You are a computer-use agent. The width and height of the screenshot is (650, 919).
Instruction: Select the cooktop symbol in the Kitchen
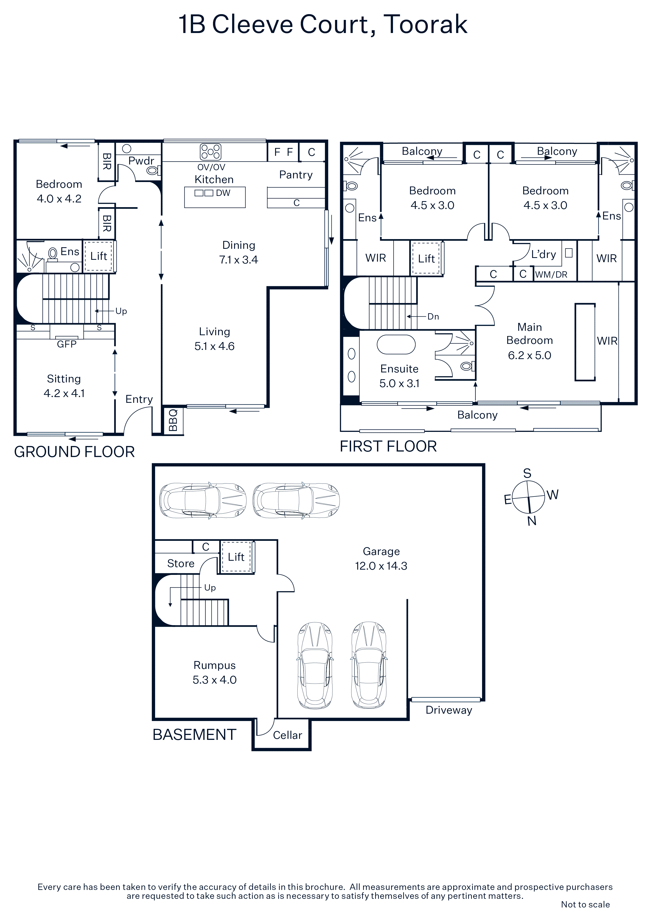coord(211,152)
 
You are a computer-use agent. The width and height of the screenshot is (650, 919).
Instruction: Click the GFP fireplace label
coord(67,344)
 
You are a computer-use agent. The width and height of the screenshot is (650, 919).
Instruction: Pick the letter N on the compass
coord(532,521)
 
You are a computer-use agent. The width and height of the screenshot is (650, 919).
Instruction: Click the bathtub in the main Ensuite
coord(396,345)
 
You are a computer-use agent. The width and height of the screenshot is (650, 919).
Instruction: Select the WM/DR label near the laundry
coord(551,274)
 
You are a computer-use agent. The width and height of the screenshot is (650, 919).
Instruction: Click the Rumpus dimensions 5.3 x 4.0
coord(215,680)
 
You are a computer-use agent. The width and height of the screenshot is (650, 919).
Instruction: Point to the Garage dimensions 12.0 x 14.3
coord(381,566)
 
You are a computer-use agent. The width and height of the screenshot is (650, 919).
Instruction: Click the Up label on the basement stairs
coord(210,588)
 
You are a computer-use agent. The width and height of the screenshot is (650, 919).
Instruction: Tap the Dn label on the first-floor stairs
coord(433,317)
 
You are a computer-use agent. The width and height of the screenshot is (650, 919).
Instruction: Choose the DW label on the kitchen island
coord(223,193)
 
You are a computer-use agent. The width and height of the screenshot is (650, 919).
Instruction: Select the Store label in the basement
coord(181,564)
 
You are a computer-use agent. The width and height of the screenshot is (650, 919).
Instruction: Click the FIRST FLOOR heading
coord(388,446)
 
